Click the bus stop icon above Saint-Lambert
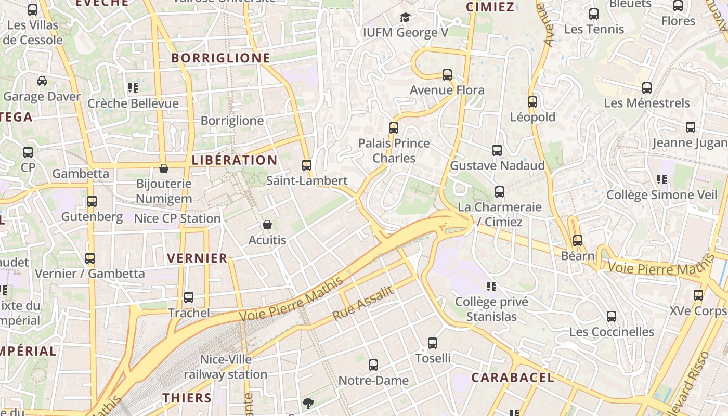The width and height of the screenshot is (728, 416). click(x=307, y=165)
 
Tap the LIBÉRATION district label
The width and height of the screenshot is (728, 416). click(x=235, y=160)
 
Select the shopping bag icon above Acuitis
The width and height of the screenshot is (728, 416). click(x=267, y=225)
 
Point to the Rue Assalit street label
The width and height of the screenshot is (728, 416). click(x=363, y=303)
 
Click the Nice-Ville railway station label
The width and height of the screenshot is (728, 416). click(x=226, y=367)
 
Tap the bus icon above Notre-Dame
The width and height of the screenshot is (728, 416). click(x=373, y=365)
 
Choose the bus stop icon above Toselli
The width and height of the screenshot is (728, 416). click(x=433, y=343)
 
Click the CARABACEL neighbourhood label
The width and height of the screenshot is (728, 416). click(x=513, y=378)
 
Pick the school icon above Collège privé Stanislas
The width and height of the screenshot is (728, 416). click(x=491, y=286)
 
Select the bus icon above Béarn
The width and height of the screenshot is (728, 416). click(x=578, y=241)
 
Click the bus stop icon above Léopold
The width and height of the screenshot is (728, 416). click(x=532, y=102)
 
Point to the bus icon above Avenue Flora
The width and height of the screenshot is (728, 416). click(x=447, y=75)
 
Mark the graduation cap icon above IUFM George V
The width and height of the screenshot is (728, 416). click(x=405, y=18)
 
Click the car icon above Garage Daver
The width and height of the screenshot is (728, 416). click(x=42, y=81)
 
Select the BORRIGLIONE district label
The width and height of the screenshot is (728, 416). click(x=221, y=58)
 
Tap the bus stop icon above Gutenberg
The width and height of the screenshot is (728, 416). click(x=92, y=201)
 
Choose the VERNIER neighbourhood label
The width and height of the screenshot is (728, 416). click(x=198, y=258)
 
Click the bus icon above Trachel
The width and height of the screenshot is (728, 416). click(x=189, y=297)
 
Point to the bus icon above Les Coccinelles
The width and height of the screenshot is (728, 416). click(x=612, y=317)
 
